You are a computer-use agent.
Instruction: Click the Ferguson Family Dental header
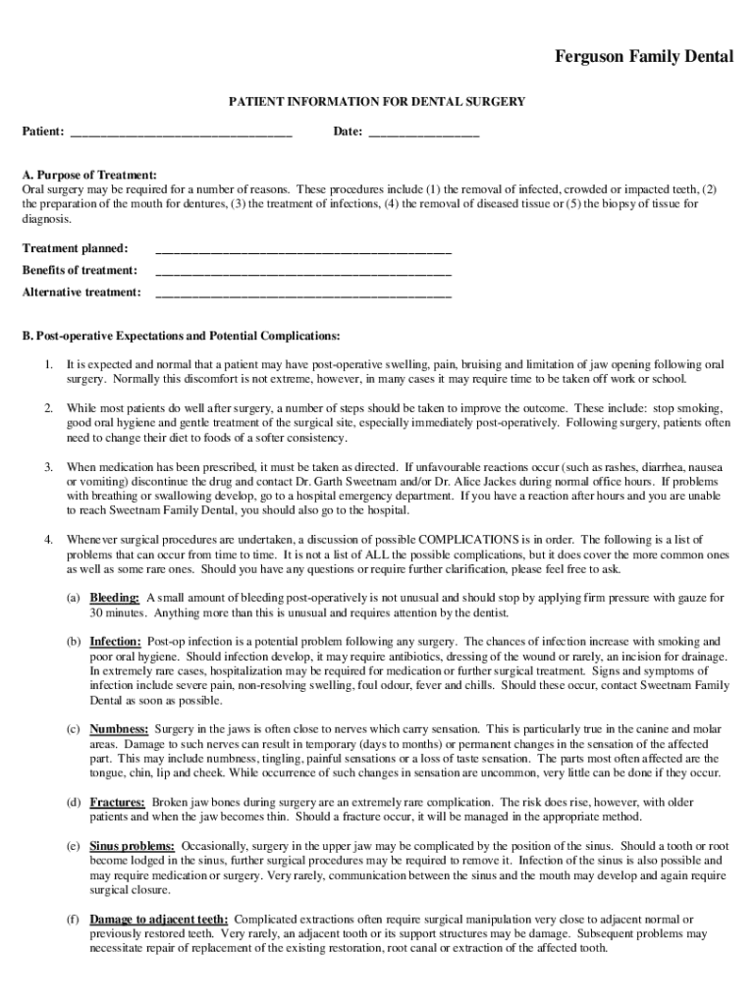click(x=640, y=57)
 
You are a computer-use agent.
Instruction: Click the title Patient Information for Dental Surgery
click(x=377, y=101)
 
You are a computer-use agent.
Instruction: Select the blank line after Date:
click(x=424, y=132)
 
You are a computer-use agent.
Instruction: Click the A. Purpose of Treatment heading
click(x=87, y=174)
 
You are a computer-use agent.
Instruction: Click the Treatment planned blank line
click(x=303, y=249)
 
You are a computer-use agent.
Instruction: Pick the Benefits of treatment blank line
click(x=303, y=271)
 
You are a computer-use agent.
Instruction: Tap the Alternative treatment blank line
click(x=303, y=292)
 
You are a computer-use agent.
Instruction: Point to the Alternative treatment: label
click(x=81, y=292)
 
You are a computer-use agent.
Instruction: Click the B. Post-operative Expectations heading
click(x=182, y=336)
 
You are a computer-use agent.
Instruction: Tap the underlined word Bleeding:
click(x=115, y=598)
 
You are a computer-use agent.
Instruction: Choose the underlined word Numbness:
click(x=119, y=729)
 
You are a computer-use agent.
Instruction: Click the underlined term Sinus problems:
click(x=133, y=846)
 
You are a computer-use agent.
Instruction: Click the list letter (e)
click(x=73, y=846)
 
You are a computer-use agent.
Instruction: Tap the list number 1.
click(x=48, y=365)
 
